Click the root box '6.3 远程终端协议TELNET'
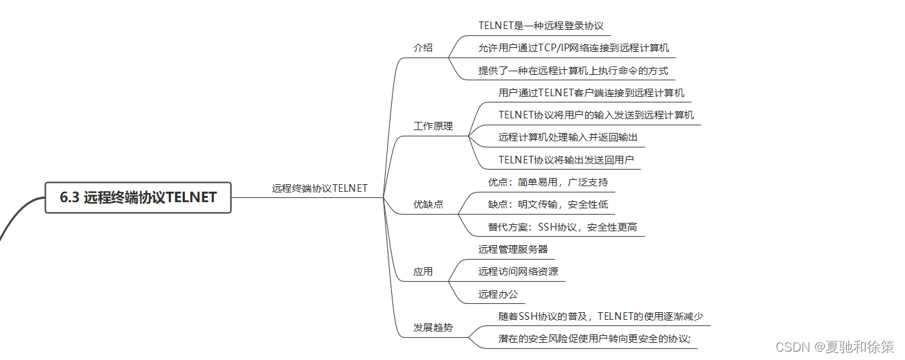138,197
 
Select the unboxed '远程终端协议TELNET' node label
319,188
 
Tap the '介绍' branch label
422,48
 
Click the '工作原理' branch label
433,126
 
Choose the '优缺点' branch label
428,204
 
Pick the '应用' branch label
422,271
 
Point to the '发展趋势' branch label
433,327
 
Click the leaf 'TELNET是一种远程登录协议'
541,26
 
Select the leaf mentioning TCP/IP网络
573,48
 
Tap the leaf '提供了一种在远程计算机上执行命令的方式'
573,70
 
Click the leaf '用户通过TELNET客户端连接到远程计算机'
591,92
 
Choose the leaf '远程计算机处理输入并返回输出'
568,137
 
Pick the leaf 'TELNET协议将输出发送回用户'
566,160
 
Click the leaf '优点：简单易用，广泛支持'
548,182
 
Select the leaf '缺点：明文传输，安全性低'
548,204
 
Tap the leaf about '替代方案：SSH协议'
562,226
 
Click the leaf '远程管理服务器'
512,249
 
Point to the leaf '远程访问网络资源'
517,271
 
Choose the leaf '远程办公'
498,294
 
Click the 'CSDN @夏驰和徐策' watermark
834,346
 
